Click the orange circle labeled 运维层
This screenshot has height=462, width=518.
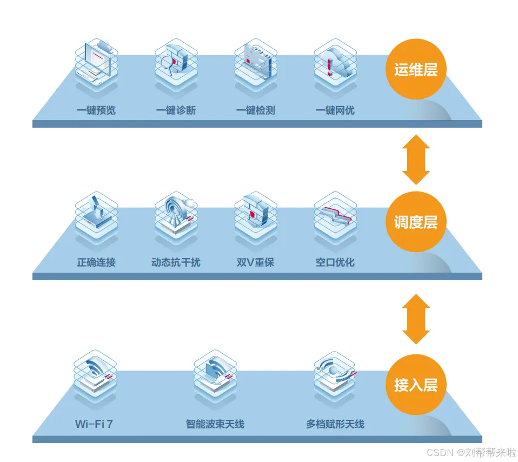coord(415,70)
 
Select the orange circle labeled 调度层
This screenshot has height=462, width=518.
coord(415,222)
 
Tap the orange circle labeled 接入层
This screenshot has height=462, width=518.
coord(415,385)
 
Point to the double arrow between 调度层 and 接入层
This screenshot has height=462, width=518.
coord(416,319)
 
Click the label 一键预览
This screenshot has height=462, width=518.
coord(96,110)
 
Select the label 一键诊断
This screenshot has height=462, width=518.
coord(176,110)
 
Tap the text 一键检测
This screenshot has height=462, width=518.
coord(255,110)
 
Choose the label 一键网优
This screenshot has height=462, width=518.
coord(335,110)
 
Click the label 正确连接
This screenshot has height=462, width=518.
coord(96,262)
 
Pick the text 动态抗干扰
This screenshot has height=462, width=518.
coord(176,262)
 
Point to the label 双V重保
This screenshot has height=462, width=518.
coord(255,262)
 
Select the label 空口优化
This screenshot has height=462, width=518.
coord(335,262)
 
